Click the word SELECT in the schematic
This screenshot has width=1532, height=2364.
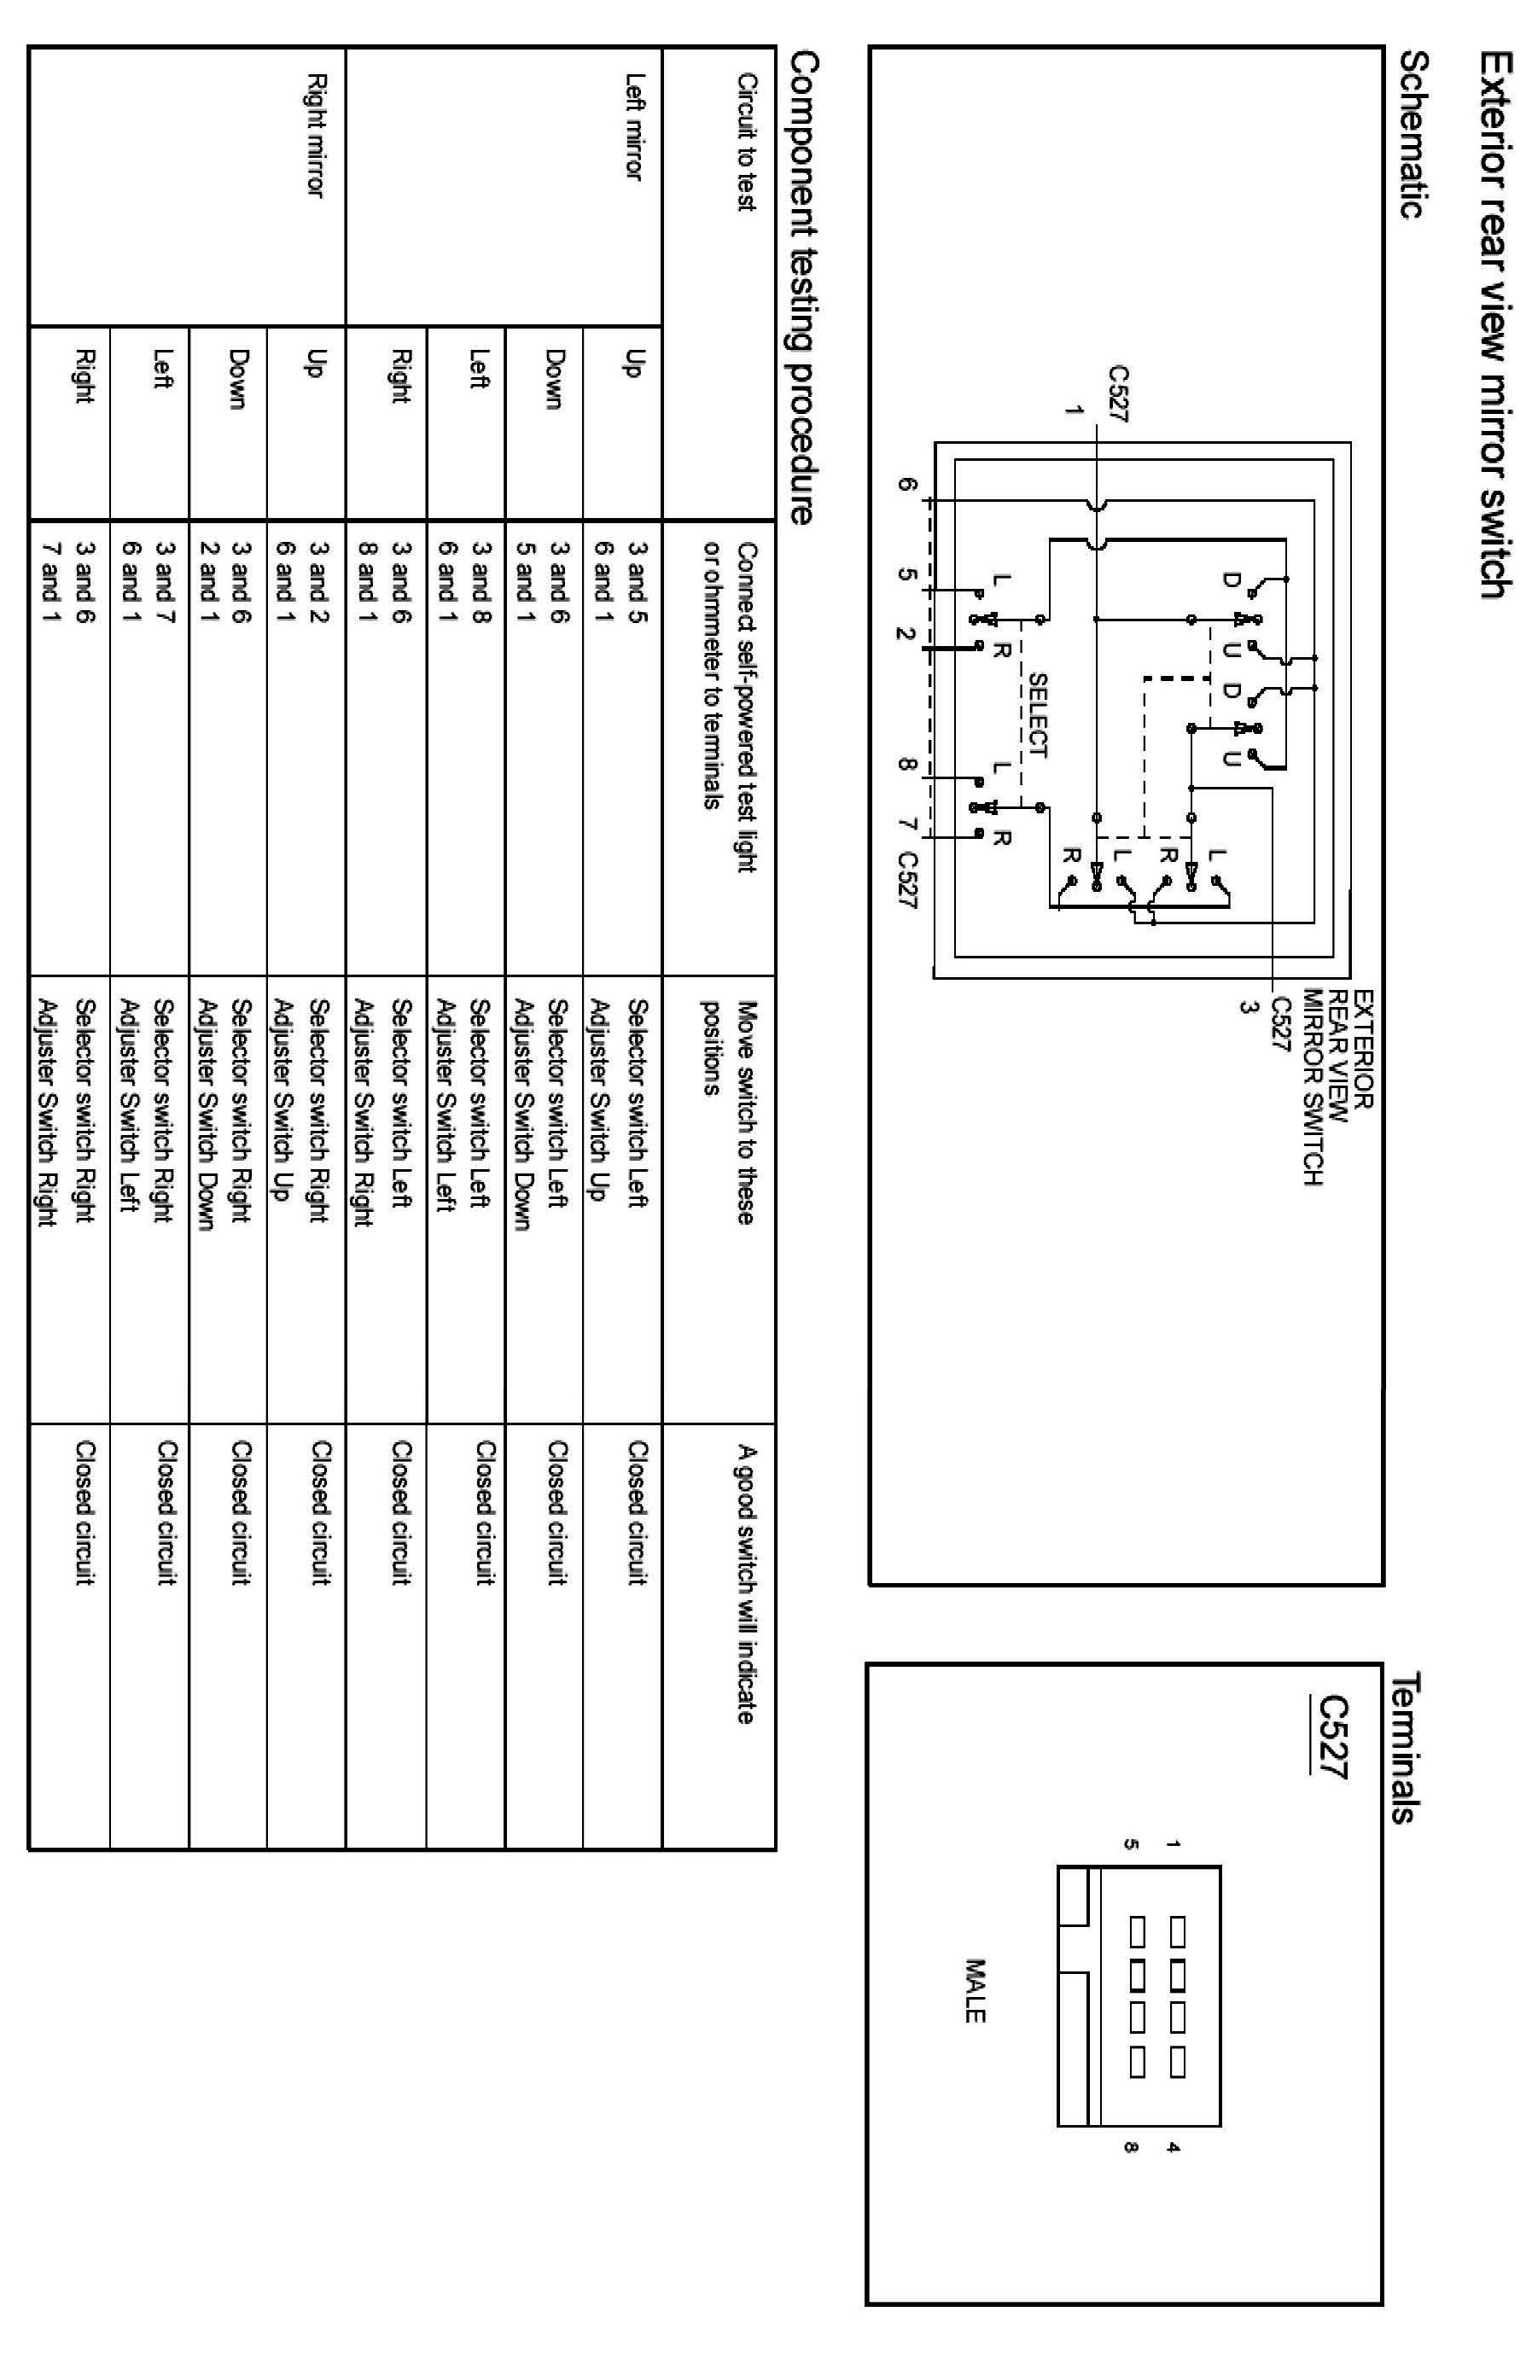[x=1036, y=715]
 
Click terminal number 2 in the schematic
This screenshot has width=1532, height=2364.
[x=903, y=632]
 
